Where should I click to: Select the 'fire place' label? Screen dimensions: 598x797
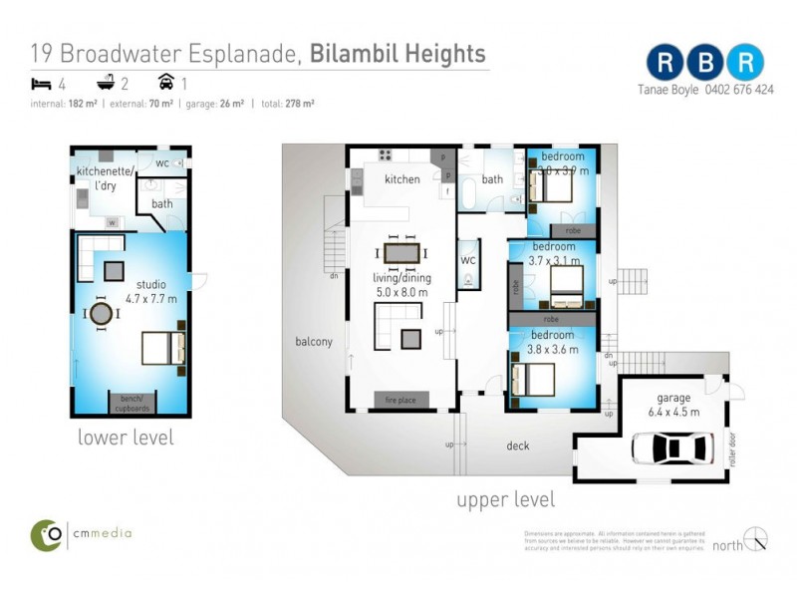pos(401,401)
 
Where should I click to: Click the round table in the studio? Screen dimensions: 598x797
pos(102,314)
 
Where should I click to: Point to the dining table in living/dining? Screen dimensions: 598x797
pos(401,253)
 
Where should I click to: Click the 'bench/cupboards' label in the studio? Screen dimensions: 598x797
pos(133,403)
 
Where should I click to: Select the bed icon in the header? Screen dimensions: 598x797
pos(40,83)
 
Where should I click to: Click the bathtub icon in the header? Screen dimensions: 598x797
pos(103,83)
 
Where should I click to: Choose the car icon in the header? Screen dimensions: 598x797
pos(165,83)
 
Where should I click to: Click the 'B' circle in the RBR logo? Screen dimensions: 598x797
pos(705,61)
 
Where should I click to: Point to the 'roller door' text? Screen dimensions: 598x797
pos(732,448)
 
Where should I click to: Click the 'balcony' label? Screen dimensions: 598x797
pos(314,341)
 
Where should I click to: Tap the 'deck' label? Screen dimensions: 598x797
pos(518,446)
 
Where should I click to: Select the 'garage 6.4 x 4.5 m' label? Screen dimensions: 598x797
pos(673,405)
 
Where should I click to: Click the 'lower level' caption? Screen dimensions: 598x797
pos(126,437)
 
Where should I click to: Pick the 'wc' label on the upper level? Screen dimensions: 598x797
pos(468,260)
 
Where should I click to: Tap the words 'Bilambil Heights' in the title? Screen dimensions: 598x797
pos(398,53)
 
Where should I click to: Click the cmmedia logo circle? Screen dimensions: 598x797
pos(46,535)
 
